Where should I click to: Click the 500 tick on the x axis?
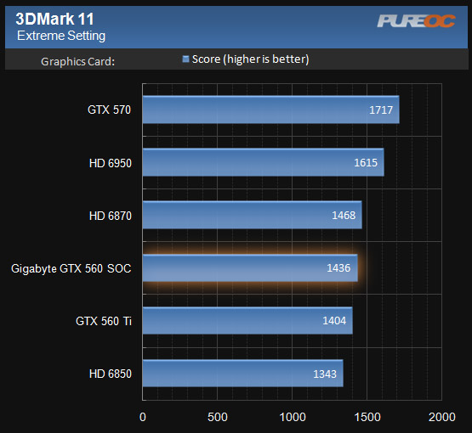[218, 417]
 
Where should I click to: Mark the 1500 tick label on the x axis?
[367, 417]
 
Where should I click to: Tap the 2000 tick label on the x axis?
[441, 417]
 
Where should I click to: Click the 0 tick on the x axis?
[143, 417]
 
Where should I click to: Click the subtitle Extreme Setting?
[61, 36]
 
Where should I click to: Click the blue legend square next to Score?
[185, 59]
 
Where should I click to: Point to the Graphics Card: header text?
[77, 60]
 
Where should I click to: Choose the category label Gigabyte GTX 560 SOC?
[71, 269]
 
